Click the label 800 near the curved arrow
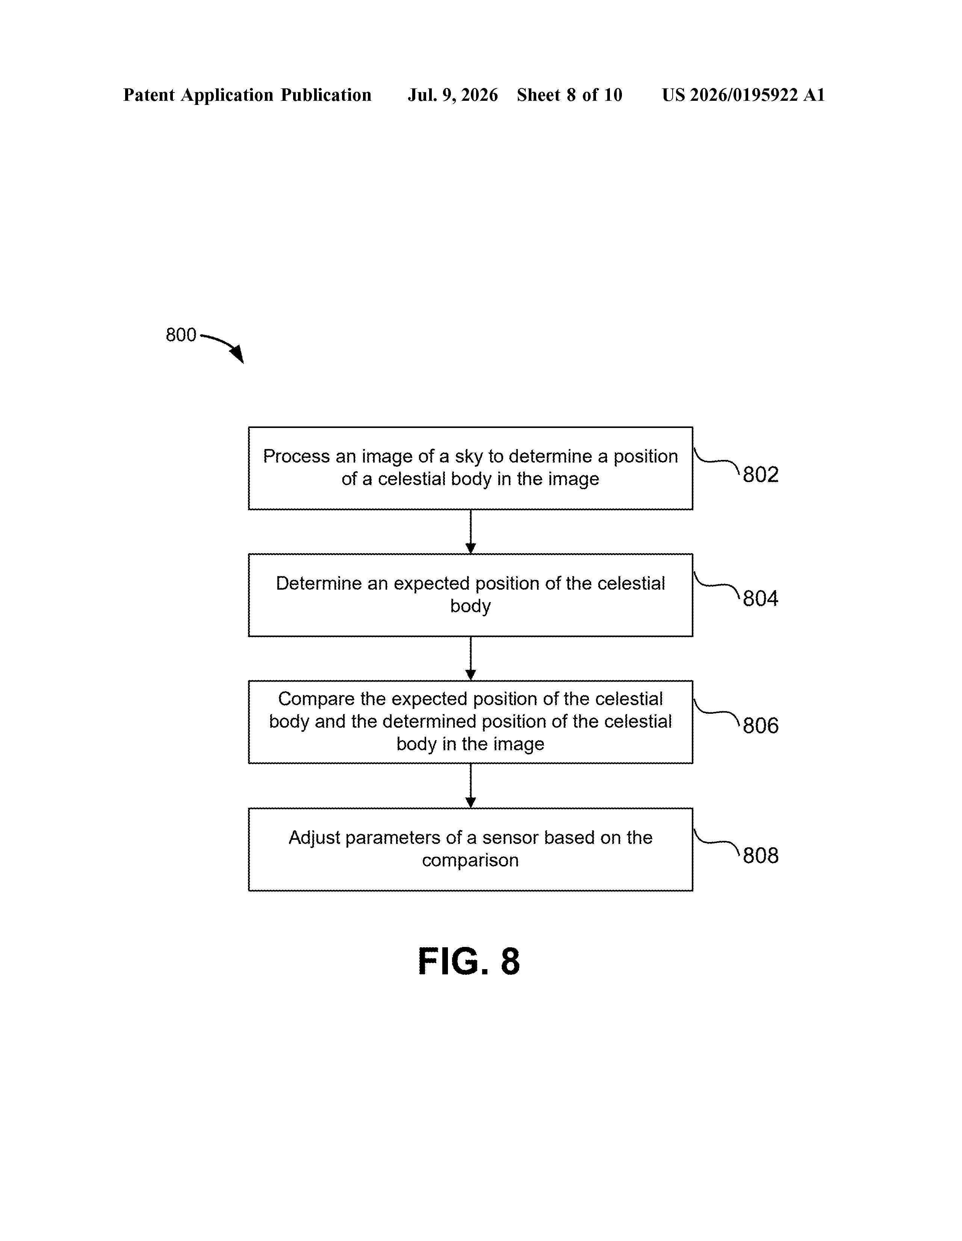181,335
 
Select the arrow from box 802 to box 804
470,531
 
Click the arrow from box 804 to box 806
470,658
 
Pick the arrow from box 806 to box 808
470,785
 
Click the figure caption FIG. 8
469,962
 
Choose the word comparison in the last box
470,861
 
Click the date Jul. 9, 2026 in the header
452,95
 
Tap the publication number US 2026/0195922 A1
743,95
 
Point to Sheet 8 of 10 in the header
570,95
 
